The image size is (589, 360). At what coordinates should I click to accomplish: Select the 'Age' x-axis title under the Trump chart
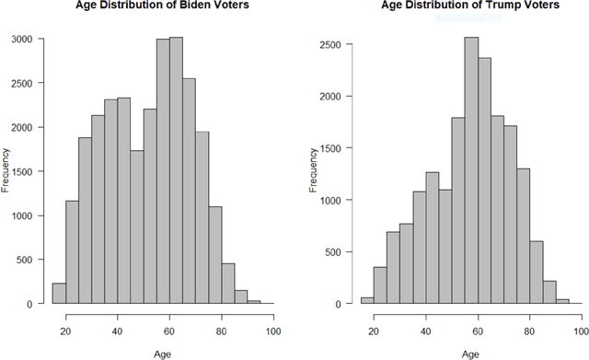click(470, 350)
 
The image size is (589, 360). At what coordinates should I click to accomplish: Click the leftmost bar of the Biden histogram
click(59, 294)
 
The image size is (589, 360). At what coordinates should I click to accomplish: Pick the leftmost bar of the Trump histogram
click(367, 300)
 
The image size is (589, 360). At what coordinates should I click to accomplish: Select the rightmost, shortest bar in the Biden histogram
click(253, 302)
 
